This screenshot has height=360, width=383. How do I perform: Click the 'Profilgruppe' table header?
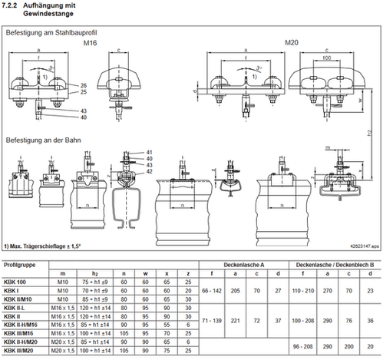coord(19,264)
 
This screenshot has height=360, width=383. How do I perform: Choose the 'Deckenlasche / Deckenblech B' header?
coord(332,264)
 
